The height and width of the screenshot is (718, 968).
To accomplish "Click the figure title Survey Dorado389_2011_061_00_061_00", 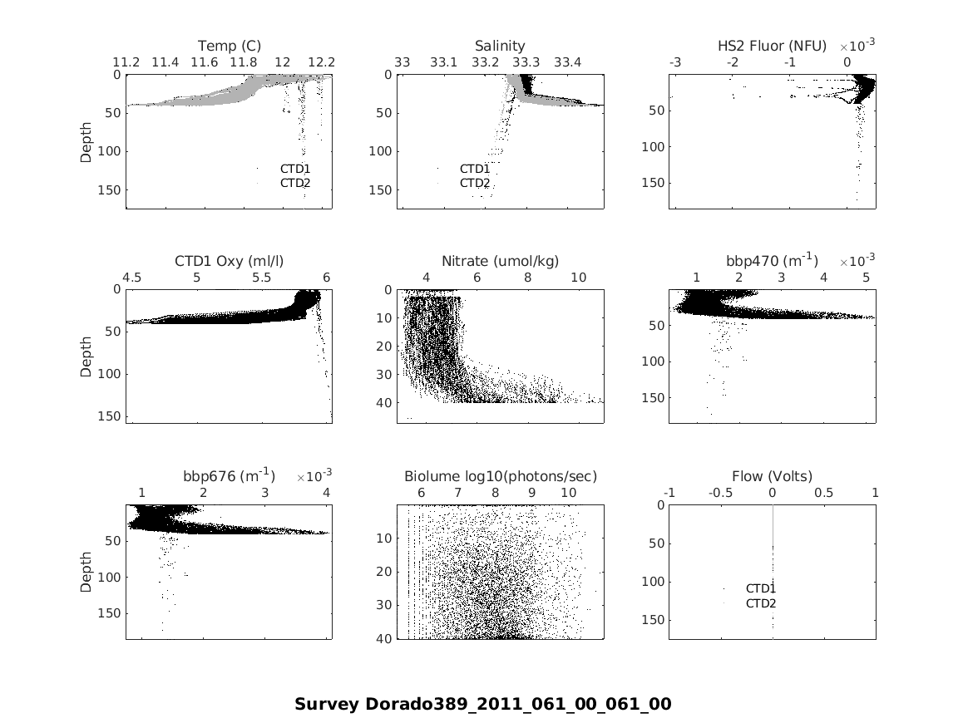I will pyautogui.click(x=482, y=704).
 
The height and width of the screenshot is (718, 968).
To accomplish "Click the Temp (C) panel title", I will pyautogui.click(x=229, y=46).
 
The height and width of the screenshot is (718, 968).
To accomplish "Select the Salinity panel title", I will pyautogui.click(x=500, y=46).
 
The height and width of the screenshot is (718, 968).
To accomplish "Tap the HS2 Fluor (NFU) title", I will pyautogui.click(x=772, y=46).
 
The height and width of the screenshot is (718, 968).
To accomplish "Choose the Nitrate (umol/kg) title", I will pyautogui.click(x=500, y=261).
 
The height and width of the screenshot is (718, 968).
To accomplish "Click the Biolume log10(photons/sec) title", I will pyautogui.click(x=500, y=476).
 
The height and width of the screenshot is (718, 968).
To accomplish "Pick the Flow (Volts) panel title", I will pyautogui.click(x=772, y=476).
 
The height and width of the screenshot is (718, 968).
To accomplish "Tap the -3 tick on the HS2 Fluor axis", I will pyautogui.click(x=675, y=62).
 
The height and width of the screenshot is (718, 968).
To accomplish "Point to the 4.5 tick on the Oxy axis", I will pyautogui.click(x=132, y=278).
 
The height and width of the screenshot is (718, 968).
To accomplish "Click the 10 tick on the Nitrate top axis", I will pyautogui.click(x=578, y=278).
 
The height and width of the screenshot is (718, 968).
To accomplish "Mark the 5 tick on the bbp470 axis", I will pyautogui.click(x=866, y=278).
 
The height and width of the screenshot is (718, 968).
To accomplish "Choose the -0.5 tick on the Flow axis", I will pyautogui.click(x=720, y=493).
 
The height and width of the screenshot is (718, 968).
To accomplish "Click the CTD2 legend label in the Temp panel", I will pyautogui.click(x=295, y=183).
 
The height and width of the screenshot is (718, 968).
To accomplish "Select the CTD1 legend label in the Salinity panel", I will pyautogui.click(x=475, y=169).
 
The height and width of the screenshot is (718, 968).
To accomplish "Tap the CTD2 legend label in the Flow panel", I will pyautogui.click(x=760, y=603).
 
